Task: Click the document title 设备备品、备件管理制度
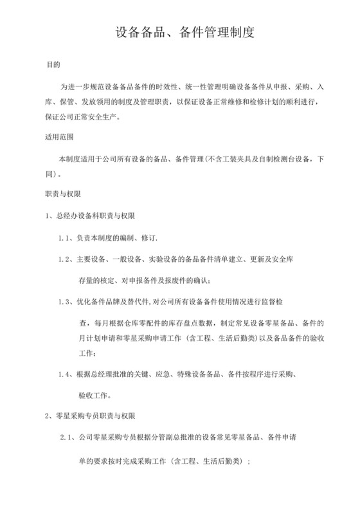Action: click(x=180, y=32)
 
